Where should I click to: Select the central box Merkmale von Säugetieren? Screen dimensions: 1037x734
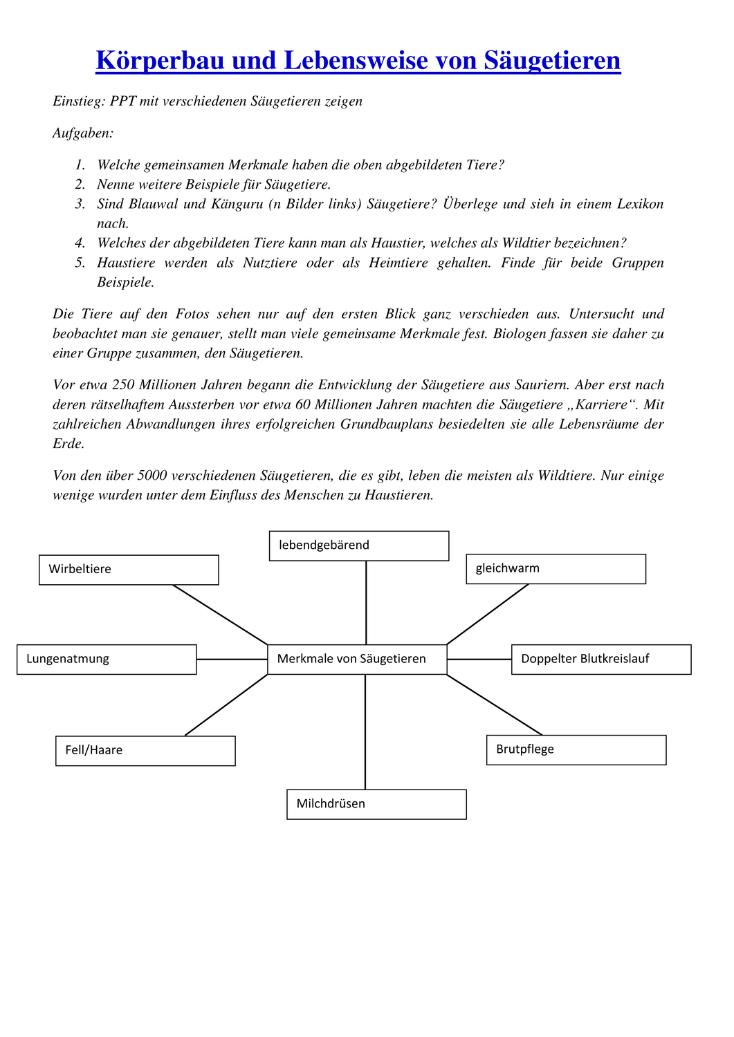tap(357, 660)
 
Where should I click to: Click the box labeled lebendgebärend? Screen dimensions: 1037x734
tap(358, 546)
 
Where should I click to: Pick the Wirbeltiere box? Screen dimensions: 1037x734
tap(129, 570)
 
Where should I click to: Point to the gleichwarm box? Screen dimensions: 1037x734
tap(556, 569)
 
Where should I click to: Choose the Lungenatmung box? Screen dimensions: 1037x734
tap(107, 660)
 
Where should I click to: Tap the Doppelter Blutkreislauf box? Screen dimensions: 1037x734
tap(600, 660)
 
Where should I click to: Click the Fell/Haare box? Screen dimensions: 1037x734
tap(145, 751)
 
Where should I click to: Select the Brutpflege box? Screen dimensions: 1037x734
tap(576, 750)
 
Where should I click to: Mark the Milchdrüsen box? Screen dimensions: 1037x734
tap(376, 805)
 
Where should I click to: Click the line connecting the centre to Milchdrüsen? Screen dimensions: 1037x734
tap(365, 733)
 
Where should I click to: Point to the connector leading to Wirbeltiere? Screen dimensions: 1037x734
tap(220, 615)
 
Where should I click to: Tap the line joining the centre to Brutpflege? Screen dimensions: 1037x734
tap(494, 704)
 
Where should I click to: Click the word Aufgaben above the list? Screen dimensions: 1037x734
tap(82, 133)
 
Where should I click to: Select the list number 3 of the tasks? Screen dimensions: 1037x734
tap(80, 204)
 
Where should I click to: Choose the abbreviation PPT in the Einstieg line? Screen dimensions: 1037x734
tap(123, 102)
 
